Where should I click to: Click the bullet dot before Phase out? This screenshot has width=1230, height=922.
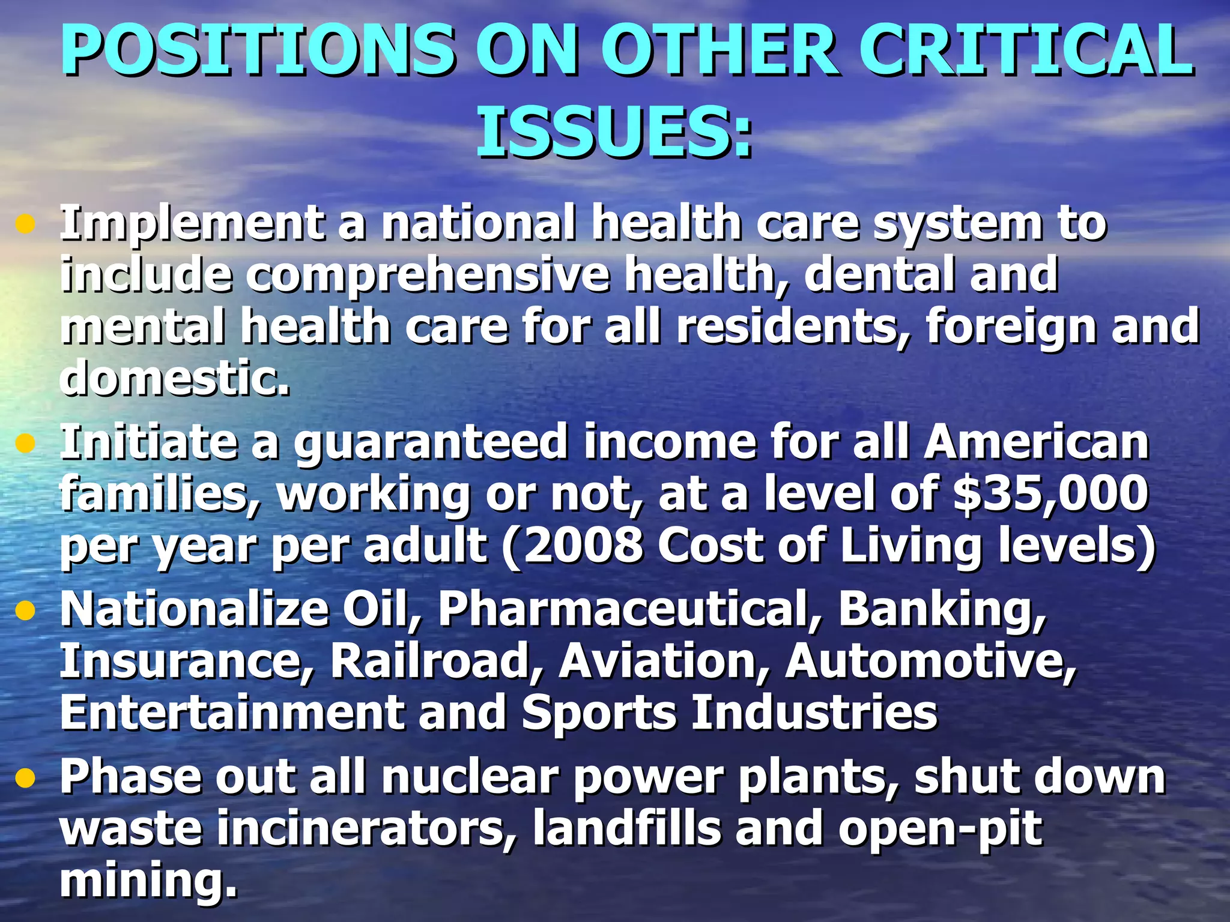pos(25,779)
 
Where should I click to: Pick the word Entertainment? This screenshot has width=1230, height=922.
pos(232,713)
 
